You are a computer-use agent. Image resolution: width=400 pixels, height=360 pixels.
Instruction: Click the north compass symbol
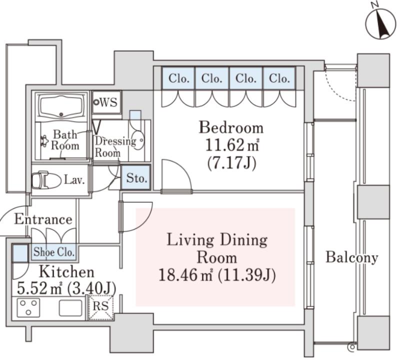380,24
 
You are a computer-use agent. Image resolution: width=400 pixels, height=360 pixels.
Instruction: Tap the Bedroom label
231,127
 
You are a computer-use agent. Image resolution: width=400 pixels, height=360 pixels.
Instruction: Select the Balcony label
352,257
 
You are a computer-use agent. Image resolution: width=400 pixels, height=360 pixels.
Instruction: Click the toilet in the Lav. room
46,180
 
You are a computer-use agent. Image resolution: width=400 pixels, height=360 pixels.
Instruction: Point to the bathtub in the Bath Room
60,106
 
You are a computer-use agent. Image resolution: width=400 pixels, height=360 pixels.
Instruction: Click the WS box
106,102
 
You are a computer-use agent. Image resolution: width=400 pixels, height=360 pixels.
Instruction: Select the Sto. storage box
135,177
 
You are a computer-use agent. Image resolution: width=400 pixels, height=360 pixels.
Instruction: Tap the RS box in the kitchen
101,307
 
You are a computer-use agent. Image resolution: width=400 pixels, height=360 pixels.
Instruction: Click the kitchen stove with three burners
28,307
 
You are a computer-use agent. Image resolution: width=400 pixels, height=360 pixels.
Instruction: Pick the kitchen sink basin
70,308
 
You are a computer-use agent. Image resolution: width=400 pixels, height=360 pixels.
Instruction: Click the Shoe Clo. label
54,252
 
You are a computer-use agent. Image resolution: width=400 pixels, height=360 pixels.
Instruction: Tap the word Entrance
43,219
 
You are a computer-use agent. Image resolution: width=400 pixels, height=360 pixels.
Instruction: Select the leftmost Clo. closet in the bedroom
178,78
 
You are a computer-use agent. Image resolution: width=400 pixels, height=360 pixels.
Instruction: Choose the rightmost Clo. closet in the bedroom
279,78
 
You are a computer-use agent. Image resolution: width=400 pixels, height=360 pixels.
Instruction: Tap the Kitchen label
66,272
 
